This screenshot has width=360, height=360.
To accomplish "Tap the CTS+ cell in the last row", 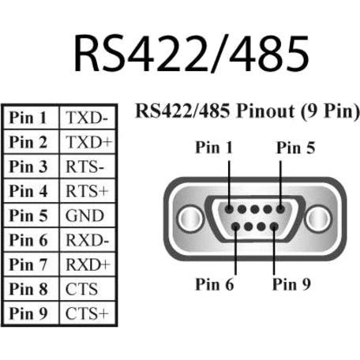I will point(88,313).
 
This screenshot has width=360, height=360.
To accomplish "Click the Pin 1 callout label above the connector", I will point(216,147).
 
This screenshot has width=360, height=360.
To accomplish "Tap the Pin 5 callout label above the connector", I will point(295,147).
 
